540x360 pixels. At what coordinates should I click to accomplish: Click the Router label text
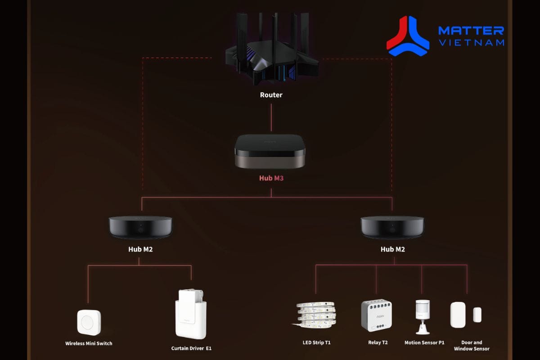(271, 95)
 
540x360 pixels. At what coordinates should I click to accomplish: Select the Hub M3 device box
(270, 151)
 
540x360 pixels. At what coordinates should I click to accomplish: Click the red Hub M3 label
(271, 178)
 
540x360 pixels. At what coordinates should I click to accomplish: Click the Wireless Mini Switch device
(89, 322)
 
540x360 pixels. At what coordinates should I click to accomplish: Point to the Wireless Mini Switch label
(89, 343)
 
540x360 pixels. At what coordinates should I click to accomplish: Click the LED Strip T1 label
(316, 342)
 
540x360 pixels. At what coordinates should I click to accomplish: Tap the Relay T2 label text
(378, 342)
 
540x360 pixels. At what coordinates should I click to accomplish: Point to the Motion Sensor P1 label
(424, 342)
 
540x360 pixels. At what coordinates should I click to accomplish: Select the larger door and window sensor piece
(458, 315)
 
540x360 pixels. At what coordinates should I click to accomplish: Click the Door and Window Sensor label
(471, 346)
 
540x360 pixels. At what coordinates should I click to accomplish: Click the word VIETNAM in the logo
(471, 43)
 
